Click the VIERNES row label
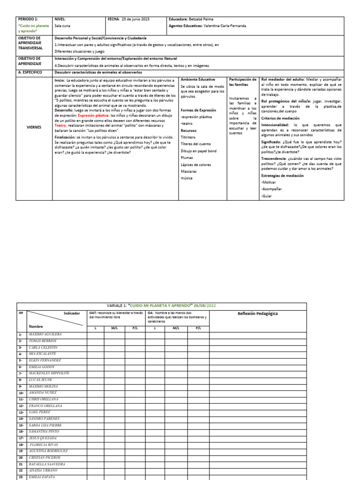(x=34, y=127)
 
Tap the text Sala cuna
(x=63, y=26)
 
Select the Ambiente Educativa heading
(x=197, y=80)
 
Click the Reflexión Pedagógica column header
(x=257, y=313)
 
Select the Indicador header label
(x=72, y=313)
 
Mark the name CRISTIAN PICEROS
(x=45, y=457)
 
